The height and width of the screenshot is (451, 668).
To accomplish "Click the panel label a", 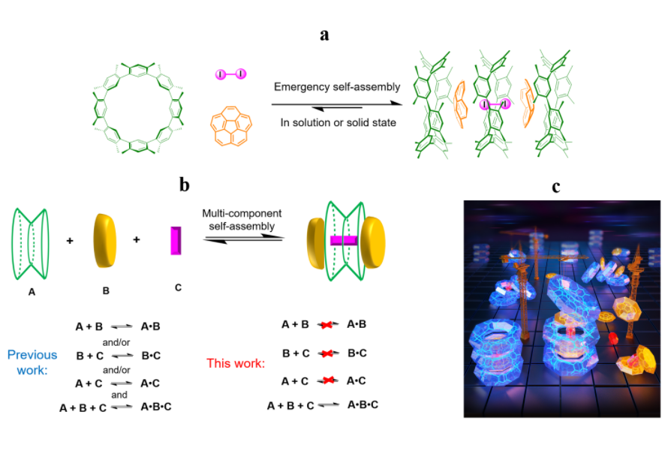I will pos(324,35).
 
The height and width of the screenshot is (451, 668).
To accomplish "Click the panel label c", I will pos(556,186).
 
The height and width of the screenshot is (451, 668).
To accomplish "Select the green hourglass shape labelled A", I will pos(32,241).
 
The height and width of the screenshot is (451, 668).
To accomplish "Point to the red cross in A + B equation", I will pos(326,326).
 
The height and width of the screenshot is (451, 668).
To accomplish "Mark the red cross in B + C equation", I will pos(326,353).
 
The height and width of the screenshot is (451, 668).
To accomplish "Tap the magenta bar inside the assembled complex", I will pos(347,240).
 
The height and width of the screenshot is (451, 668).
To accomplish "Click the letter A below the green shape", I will pos(32,291).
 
